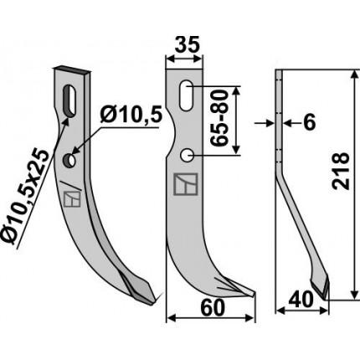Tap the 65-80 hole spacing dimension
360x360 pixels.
[x=219, y=119]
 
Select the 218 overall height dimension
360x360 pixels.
[x=341, y=171]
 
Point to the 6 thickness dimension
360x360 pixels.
[x=309, y=122]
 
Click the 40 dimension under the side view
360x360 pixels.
[x=301, y=300]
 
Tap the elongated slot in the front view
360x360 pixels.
[x=186, y=95]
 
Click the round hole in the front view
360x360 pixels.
[x=187, y=155]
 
